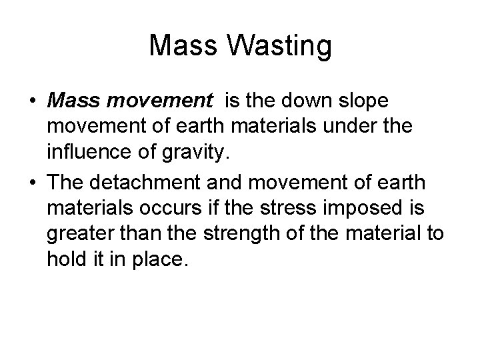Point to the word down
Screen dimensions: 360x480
point(306,101)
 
